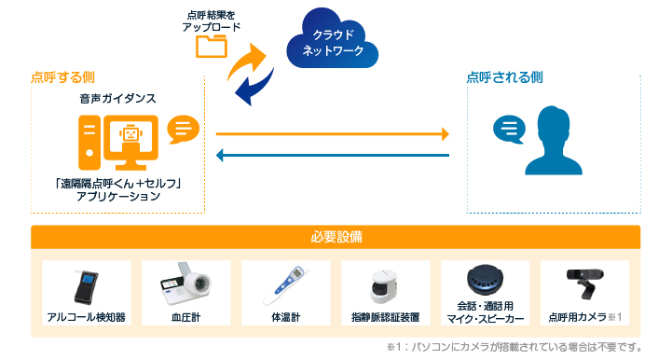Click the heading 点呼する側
62,77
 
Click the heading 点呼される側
504,77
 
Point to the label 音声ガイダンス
117,97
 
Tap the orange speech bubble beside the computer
183,129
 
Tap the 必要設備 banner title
336,237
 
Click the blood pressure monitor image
185,285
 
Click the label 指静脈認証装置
385,317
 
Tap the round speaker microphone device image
485,280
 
